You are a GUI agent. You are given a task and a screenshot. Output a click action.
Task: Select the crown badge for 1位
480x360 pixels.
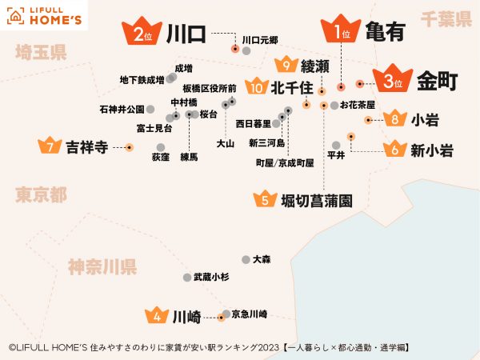point(342,32)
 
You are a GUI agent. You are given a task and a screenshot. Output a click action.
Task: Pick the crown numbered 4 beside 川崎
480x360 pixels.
point(157,316)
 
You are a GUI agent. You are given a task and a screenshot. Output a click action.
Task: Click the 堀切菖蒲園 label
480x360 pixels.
point(317,200)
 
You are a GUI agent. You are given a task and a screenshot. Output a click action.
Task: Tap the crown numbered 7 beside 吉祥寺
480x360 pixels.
point(50,146)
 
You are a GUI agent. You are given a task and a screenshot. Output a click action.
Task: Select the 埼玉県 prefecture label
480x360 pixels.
point(40,54)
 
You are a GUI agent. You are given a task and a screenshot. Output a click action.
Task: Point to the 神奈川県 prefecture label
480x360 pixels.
point(102,266)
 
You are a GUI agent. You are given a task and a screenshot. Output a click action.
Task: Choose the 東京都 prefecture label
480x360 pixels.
point(40,195)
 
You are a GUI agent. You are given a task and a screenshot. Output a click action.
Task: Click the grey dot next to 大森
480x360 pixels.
point(246,259)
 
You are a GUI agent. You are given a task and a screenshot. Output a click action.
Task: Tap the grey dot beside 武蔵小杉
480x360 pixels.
point(187,277)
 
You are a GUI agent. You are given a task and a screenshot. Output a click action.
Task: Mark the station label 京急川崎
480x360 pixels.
point(249,314)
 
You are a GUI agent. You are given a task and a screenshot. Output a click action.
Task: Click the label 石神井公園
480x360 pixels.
point(122,109)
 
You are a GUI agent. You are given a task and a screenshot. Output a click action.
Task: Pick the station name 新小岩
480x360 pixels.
point(432,150)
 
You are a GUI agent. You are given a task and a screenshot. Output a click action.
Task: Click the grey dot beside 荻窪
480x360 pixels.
point(161,147)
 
